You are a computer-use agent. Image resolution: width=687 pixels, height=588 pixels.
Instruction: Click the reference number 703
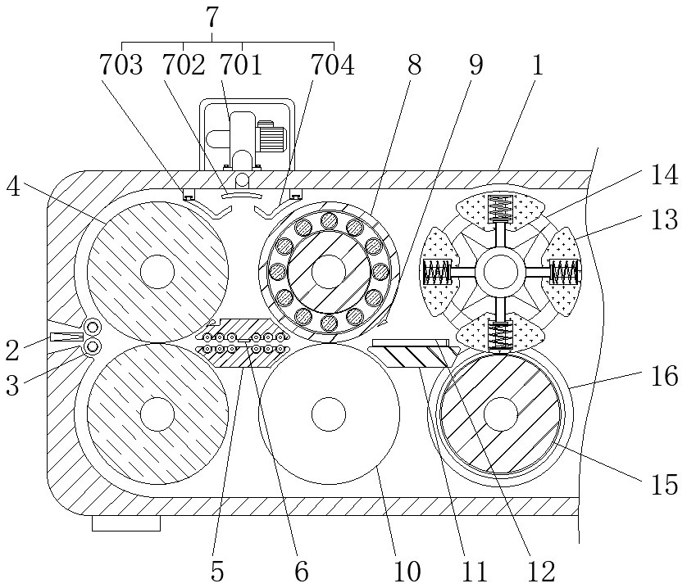click(121, 65)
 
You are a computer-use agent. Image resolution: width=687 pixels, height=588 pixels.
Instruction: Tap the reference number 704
click(332, 65)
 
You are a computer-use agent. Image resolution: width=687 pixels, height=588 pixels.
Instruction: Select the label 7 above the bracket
click(212, 17)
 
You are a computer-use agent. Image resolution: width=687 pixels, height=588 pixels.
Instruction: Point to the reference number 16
click(664, 377)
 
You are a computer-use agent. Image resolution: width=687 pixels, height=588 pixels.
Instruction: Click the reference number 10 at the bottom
click(407, 571)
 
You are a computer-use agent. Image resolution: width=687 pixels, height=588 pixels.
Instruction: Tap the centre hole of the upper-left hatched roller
click(157, 272)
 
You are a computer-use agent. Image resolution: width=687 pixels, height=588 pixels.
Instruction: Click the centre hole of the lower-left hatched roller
click(157, 414)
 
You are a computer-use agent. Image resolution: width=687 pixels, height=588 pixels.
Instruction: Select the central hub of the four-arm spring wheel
click(500, 272)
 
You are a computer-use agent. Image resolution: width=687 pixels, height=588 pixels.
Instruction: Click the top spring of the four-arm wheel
click(500, 208)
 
